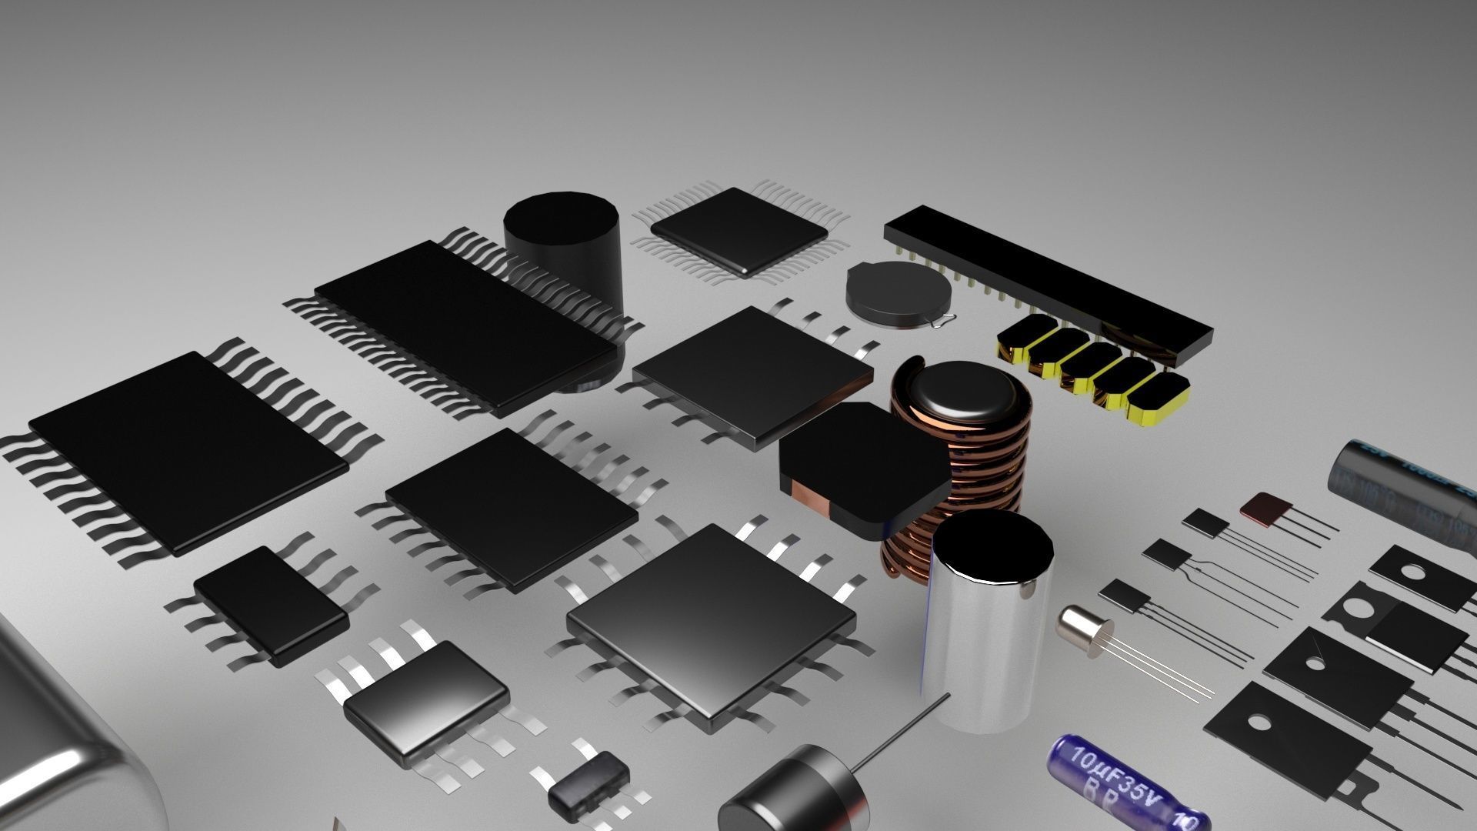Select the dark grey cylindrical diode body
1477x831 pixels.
[x=792, y=793]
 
